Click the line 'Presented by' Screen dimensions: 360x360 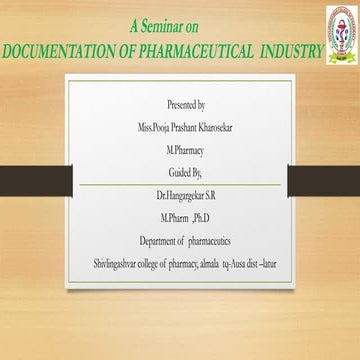187,104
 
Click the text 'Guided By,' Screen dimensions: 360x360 187,171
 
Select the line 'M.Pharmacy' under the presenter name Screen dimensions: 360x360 187,148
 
